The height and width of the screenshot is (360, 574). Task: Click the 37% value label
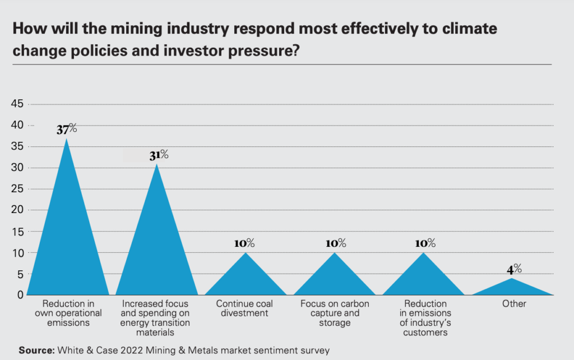67,129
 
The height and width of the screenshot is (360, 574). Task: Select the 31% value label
159,155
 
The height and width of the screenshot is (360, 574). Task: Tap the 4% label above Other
514,269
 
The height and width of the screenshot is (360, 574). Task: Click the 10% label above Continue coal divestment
244,243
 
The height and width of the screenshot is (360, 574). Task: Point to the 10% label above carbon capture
336,243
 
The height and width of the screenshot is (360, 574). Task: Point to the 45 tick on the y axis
17,104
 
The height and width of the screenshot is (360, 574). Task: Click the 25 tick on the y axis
17,189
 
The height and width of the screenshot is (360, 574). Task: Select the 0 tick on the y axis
20,295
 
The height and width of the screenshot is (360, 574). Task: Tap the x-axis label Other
514,304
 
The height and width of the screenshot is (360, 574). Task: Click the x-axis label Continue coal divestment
245,308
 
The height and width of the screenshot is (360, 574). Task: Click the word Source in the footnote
35,350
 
